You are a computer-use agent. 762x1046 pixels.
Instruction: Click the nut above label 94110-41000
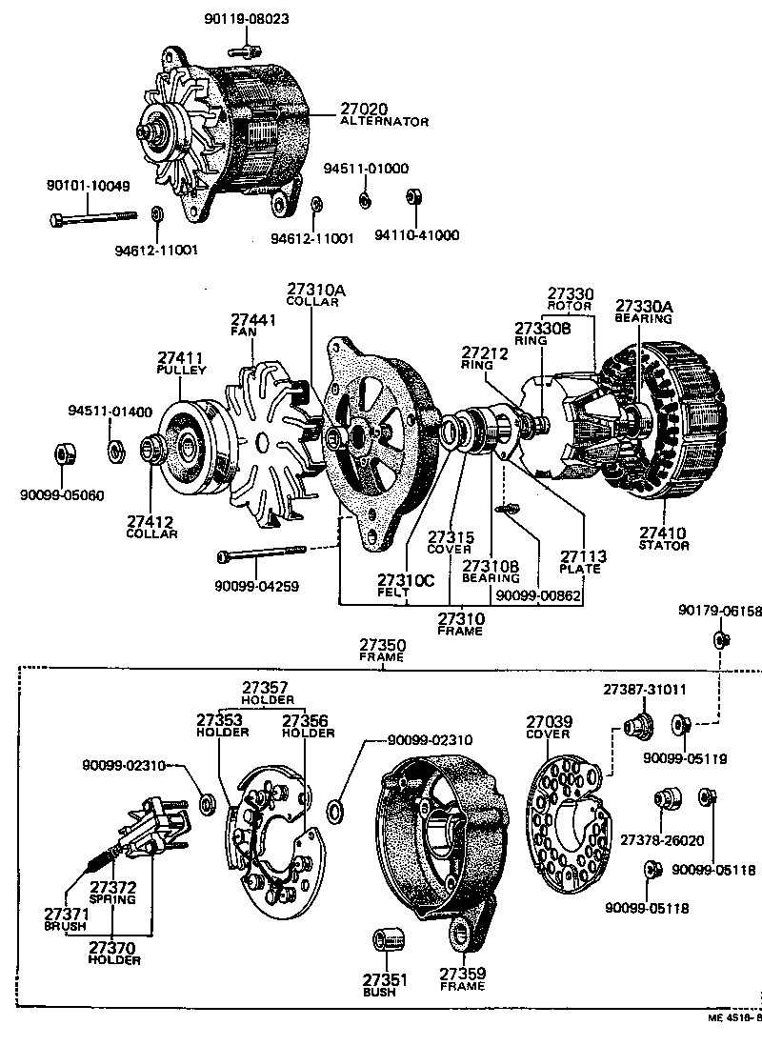pyautogui.click(x=414, y=197)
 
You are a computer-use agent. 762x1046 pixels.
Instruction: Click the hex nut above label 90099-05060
pyautogui.click(x=63, y=453)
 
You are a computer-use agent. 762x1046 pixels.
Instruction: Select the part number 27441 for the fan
pyautogui.click(x=252, y=319)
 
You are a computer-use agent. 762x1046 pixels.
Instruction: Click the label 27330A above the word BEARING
pyautogui.click(x=644, y=306)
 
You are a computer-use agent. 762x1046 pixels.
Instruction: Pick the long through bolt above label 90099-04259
pyautogui.click(x=262, y=553)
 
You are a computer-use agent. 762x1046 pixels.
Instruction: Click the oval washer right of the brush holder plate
pyautogui.click(x=336, y=811)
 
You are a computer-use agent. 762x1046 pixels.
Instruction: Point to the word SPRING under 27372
pyautogui.click(x=112, y=898)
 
